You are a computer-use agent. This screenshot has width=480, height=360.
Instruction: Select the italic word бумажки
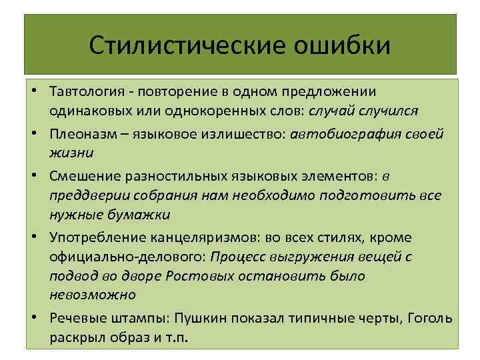(139, 215)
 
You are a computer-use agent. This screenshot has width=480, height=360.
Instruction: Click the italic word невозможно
(93, 294)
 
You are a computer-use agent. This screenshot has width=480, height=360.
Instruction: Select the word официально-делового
(127, 257)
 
